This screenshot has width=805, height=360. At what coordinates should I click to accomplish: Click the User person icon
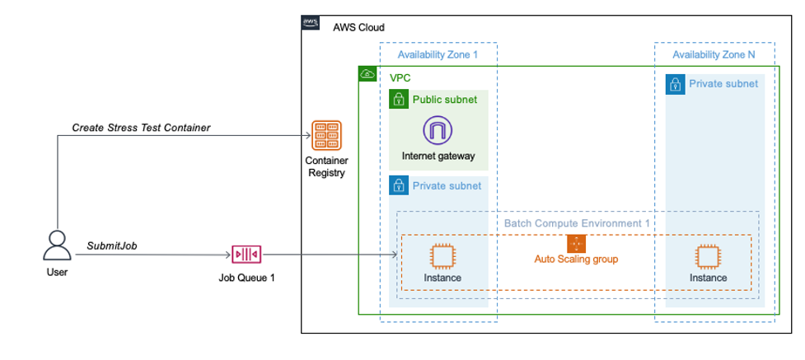(57, 245)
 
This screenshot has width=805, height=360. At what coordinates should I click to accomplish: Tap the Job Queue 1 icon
(246, 255)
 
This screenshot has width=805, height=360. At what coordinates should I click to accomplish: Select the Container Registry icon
(325, 135)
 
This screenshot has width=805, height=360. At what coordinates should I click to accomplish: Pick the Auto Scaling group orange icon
(576, 244)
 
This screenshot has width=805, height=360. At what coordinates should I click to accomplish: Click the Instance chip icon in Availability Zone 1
(442, 256)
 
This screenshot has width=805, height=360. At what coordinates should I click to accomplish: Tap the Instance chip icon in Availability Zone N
(708, 256)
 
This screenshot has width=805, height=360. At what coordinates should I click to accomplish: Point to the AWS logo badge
(311, 24)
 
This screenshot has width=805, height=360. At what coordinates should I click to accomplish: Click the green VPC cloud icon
(367, 75)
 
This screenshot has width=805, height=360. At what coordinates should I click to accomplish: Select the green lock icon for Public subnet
(399, 100)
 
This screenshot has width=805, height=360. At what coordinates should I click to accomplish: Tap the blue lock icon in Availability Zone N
(675, 83)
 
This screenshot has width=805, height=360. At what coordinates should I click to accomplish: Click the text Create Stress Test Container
(141, 128)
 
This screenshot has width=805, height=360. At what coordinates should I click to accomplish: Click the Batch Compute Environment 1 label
(577, 223)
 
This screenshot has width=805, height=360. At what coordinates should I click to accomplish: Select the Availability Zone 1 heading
(437, 54)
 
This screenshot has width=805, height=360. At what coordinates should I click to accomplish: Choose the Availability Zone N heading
(714, 54)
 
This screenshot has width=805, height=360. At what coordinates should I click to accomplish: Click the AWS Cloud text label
(358, 27)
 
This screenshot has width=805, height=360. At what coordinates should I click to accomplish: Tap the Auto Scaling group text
(576, 259)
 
